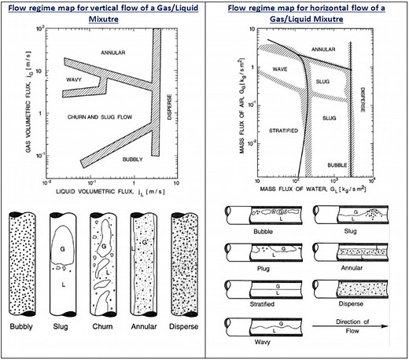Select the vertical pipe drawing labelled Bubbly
click(x=22, y=263)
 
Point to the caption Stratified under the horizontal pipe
click(x=251, y=303)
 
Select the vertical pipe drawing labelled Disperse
click(x=187, y=263)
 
